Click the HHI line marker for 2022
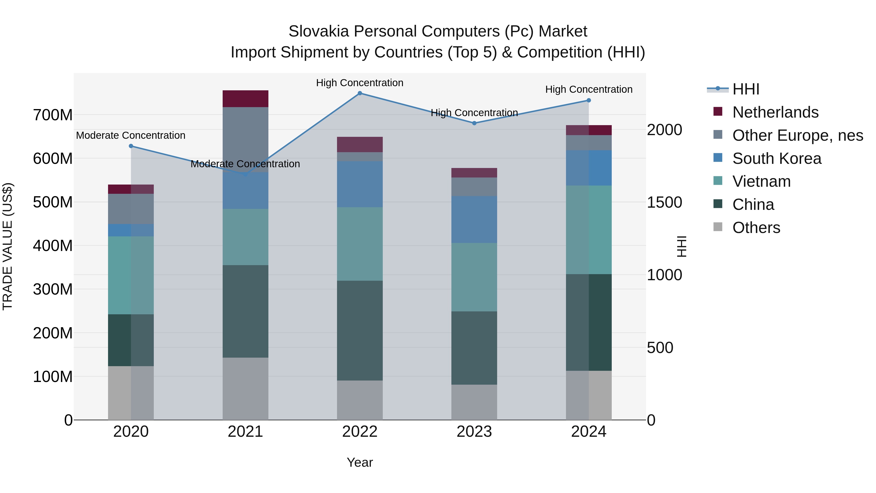pos(360,93)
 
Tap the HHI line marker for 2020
pos(131,146)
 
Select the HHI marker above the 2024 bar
pos(589,100)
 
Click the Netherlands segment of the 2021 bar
pos(245,99)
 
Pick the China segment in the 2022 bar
pos(360,330)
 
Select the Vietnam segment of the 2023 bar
pos(474,277)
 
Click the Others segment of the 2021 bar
pos(245,389)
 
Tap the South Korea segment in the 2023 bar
pos(474,219)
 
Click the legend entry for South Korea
pos(776,158)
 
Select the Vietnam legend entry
pos(761,181)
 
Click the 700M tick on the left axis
pos(53,115)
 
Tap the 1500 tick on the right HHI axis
pos(664,203)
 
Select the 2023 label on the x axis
pos(474,432)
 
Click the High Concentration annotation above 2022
pos(360,83)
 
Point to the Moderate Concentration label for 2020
pos(131,135)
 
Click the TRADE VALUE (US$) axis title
pos(8,246)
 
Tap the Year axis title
pos(360,462)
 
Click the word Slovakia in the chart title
pos(319,31)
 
